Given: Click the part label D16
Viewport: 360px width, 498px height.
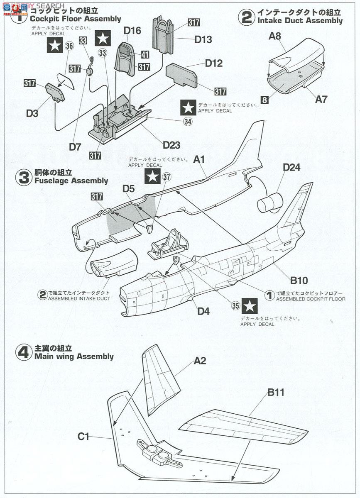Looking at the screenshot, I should (132, 30).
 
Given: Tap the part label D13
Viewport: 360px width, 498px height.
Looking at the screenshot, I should (203, 39).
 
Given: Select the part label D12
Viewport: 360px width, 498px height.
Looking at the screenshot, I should (213, 63).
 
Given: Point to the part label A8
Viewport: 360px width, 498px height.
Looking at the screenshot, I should (275, 36).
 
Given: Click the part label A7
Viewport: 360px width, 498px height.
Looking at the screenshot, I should (321, 99).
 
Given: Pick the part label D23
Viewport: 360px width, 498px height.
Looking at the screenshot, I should (171, 145).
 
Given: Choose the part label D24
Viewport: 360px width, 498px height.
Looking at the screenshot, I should (291, 167).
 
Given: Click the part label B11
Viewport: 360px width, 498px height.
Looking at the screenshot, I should (276, 392).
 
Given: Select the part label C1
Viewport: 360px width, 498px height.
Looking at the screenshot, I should (83, 436).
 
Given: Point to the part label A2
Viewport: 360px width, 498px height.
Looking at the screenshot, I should (200, 361).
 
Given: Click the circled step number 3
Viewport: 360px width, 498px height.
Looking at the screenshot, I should (23, 177).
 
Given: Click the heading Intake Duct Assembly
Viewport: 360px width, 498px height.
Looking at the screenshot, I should (300, 20).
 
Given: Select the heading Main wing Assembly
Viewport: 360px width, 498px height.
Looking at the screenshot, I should (74, 356).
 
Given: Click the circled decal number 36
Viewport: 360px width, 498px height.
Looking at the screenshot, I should (69, 46).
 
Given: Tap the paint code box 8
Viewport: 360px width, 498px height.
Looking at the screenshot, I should (264, 100).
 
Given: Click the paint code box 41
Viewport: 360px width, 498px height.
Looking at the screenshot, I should (145, 54).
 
